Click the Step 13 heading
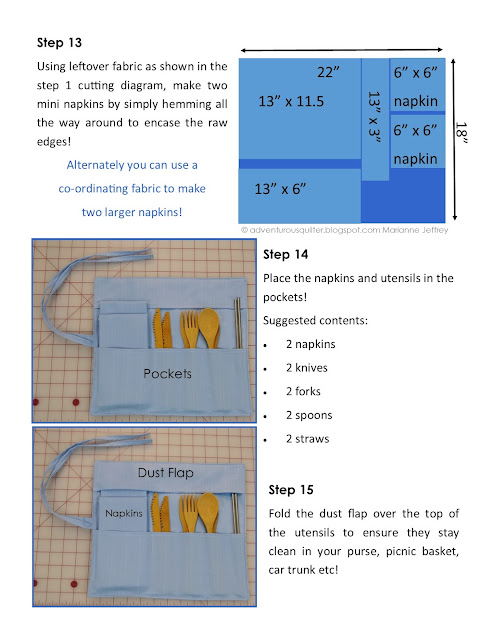[x=59, y=42]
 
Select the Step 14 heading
[x=285, y=254]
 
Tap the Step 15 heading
[x=291, y=489]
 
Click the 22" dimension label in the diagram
[x=328, y=72]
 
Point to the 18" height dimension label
[x=461, y=132]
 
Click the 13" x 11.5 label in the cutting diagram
[x=291, y=101]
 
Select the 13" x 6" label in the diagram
[x=280, y=189]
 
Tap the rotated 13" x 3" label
[x=374, y=117]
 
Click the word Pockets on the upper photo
[x=167, y=373]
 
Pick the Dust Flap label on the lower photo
[x=165, y=473]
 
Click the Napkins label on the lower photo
[x=124, y=513]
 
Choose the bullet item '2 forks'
[x=303, y=391]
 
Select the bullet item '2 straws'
[x=307, y=439]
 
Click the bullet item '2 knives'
[x=307, y=368]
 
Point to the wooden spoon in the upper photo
[x=209, y=327]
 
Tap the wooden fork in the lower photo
[x=189, y=513]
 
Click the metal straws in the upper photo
[x=238, y=323]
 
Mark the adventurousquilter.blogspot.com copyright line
[x=344, y=230]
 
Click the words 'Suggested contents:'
[x=315, y=320]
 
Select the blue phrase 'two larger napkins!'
[x=132, y=212]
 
